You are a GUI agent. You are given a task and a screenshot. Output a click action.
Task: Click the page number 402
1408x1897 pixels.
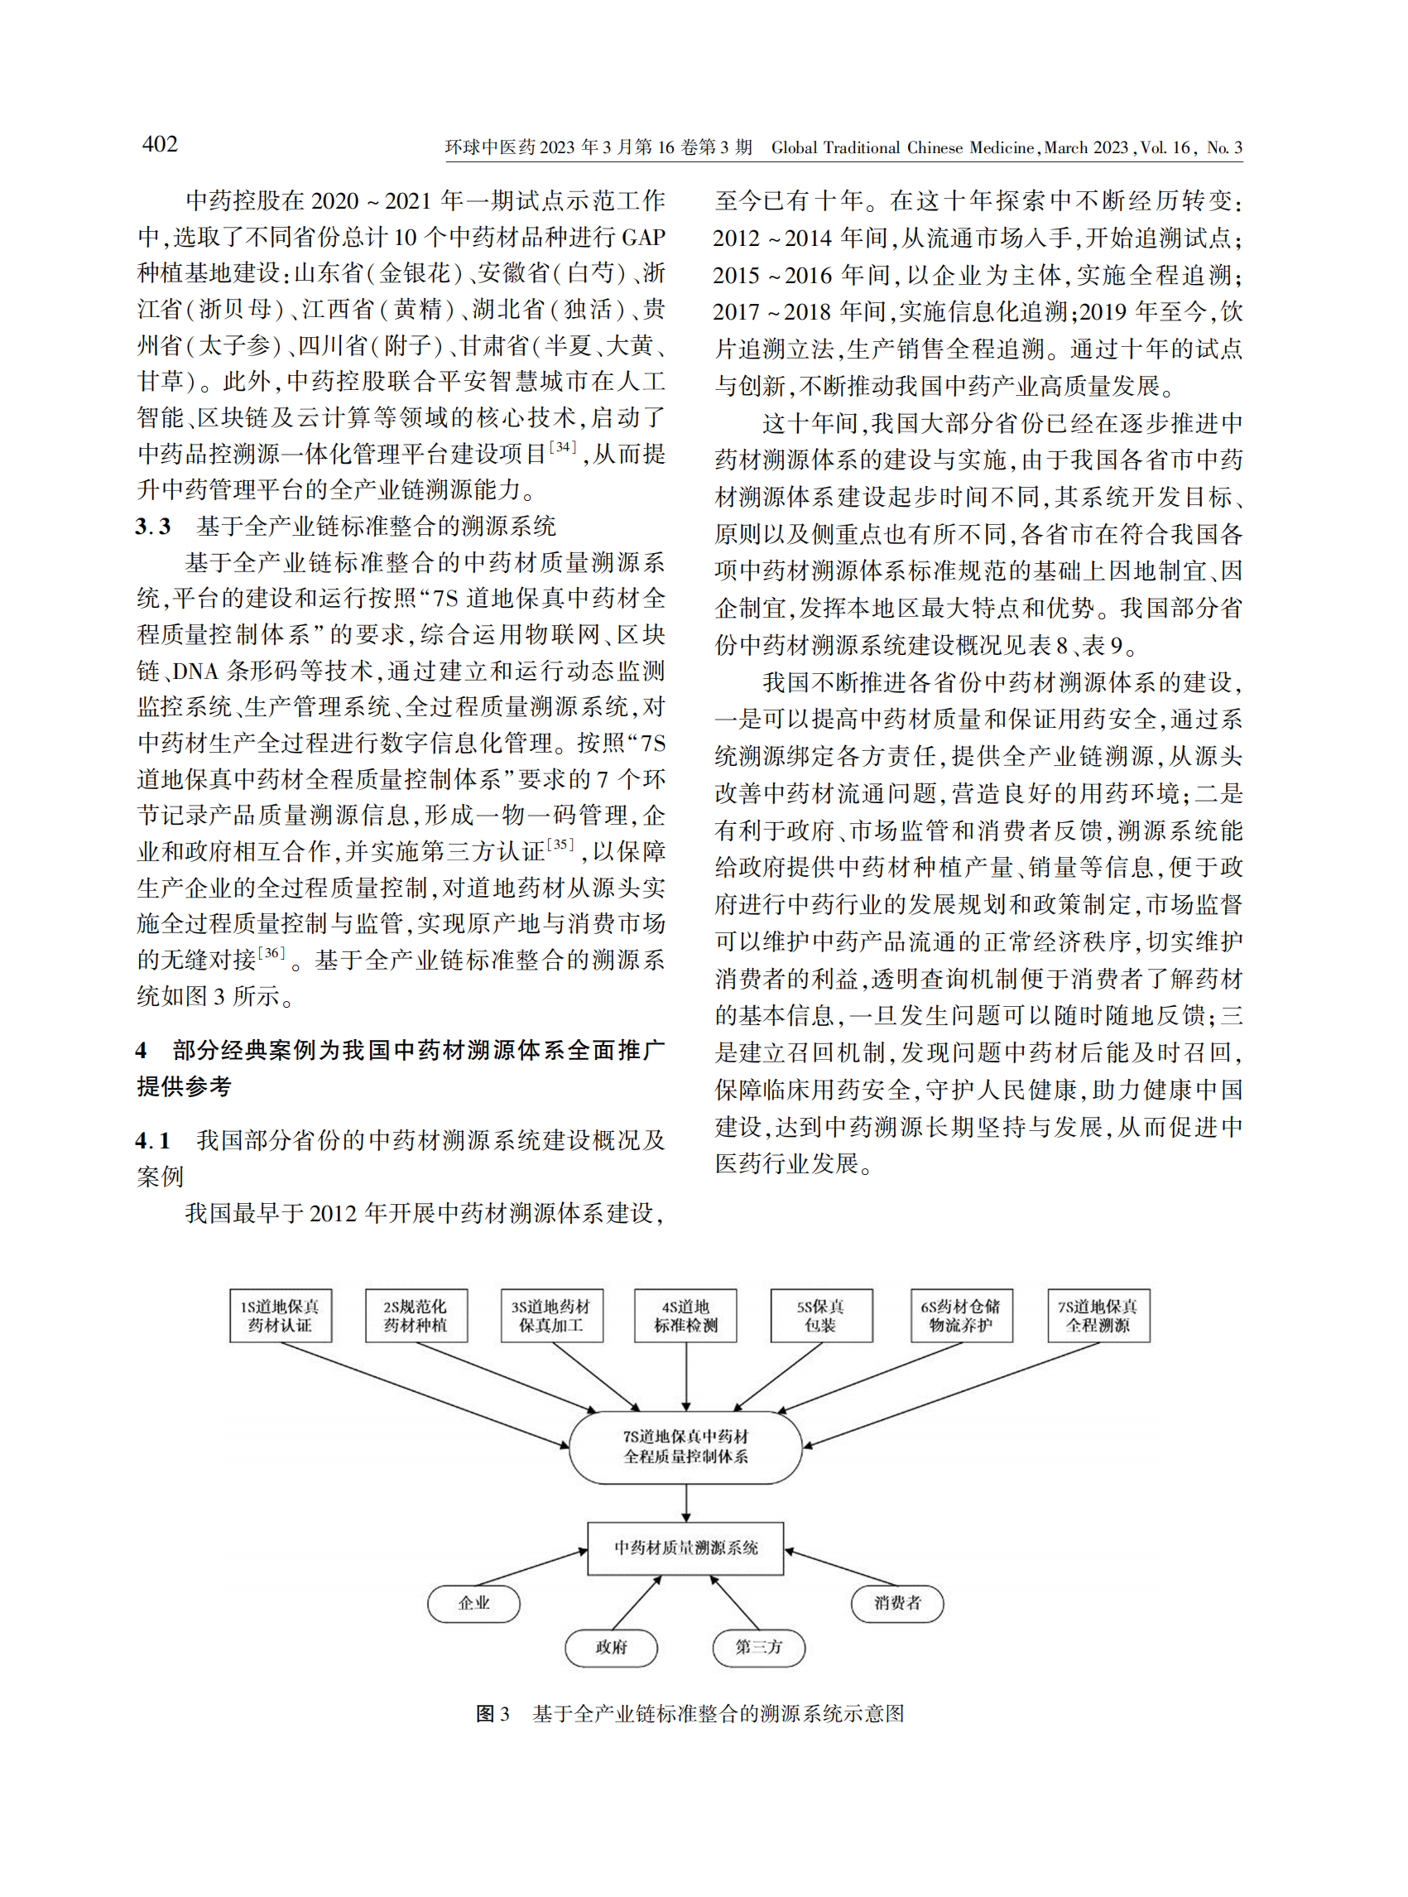click(160, 144)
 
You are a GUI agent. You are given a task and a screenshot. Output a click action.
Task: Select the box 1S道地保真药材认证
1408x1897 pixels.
click(281, 1316)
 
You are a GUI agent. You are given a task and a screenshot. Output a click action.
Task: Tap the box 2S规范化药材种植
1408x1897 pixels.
click(416, 1316)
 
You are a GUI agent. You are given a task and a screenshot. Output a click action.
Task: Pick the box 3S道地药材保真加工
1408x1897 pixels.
click(551, 1316)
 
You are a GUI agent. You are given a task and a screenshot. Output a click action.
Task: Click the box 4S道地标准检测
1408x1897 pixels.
click(685, 1316)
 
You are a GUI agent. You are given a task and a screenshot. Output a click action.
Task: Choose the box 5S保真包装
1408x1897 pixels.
click(821, 1316)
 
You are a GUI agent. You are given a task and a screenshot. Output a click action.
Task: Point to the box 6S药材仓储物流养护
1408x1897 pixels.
click(960, 1316)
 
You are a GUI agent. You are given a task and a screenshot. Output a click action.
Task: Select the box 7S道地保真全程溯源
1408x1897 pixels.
click(1098, 1316)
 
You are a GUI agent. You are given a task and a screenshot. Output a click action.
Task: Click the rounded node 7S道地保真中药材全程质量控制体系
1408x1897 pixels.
click(685, 1447)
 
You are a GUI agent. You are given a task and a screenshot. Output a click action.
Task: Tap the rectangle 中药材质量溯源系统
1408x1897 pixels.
click(685, 1548)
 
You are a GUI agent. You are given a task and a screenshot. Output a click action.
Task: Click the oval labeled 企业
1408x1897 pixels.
click(473, 1603)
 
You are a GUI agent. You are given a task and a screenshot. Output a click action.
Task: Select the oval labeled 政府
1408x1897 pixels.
click(611, 1647)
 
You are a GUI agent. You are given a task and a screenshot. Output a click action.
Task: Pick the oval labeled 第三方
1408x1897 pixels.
click(758, 1647)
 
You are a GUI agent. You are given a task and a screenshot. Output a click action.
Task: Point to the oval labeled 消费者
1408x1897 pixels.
click(897, 1603)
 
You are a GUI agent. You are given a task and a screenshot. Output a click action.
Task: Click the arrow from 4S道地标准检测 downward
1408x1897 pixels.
click(686, 1375)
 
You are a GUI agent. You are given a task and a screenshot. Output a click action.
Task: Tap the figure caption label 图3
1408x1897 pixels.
click(492, 1715)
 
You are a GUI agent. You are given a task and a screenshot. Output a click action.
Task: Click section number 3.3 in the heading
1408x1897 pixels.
click(153, 527)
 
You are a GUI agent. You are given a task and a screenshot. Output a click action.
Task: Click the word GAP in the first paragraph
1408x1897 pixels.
click(643, 237)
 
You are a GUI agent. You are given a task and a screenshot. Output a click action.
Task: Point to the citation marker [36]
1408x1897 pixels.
click(271, 952)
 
